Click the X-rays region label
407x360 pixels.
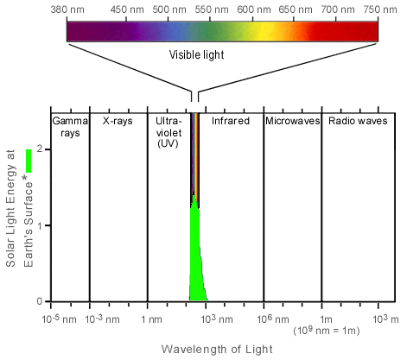(x=118, y=121)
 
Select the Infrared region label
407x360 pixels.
(x=231, y=121)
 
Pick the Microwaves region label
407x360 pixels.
(x=291, y=121)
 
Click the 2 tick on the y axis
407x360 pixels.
(x=40, y=149)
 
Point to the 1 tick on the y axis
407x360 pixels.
(x=40, y=225)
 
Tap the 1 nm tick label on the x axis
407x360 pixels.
(x=148, y=318)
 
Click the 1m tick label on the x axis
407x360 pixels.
(x=322, y=318)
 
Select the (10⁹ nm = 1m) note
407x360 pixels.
(x=325, y=331)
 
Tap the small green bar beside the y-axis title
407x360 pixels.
(x=29, y=161)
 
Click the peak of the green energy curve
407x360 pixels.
(x=194, y=198)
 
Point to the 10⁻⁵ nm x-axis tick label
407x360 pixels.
(x=53, y=317)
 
